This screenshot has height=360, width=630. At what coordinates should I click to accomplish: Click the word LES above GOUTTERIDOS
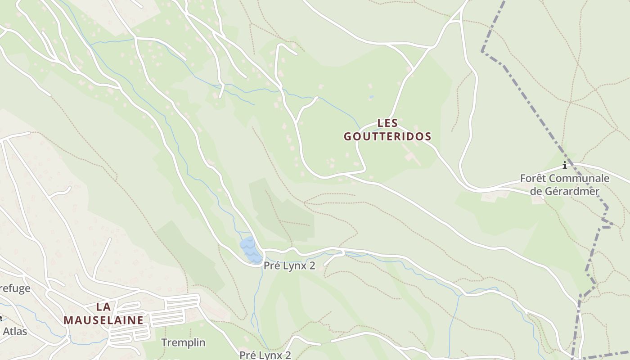(387, 123)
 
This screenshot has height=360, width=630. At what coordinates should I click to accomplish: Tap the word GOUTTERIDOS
(387, 136)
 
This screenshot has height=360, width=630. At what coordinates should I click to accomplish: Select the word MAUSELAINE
(103, 320)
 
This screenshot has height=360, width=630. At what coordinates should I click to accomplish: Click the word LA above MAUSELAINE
(103, 307)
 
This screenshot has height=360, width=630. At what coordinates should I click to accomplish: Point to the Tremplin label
(183, 342)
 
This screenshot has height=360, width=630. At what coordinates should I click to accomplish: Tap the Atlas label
(15, 332)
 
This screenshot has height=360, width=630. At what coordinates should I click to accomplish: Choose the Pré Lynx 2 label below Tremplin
(265, 355)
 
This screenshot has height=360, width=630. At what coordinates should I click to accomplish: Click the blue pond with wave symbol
(250, 250)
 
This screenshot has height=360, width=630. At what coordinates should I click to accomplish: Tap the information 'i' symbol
(565, 166)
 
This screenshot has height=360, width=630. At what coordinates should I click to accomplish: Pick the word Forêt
(534, 178)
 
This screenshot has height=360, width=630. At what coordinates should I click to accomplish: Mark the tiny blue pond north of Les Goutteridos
(371, 97)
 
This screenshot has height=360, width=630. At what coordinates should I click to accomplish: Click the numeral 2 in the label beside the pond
(312, 265)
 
